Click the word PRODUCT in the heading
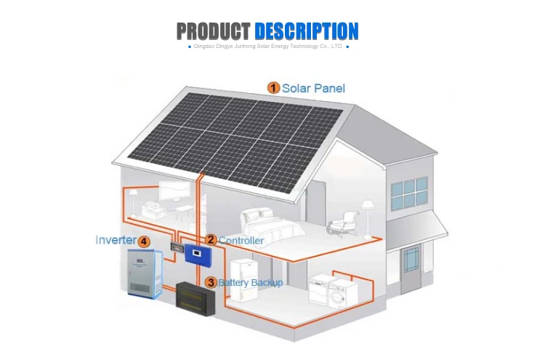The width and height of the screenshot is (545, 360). (214, 31)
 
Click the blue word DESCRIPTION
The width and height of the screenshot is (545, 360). (307, 31)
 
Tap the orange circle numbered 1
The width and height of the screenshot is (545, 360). (273, 88)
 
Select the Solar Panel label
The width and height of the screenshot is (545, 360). (313, 88)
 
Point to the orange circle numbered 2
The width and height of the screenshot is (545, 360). (211, 239)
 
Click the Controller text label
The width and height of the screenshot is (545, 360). (241, 240)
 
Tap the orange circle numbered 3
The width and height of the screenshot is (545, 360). (211, 282)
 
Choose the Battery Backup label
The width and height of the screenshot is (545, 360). (251, 282)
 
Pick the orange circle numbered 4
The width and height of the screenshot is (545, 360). (144, 241)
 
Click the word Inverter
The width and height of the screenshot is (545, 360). (116, 240)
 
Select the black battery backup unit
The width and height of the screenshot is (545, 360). (198, 297)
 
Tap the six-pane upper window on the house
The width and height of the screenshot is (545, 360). (408, 193)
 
